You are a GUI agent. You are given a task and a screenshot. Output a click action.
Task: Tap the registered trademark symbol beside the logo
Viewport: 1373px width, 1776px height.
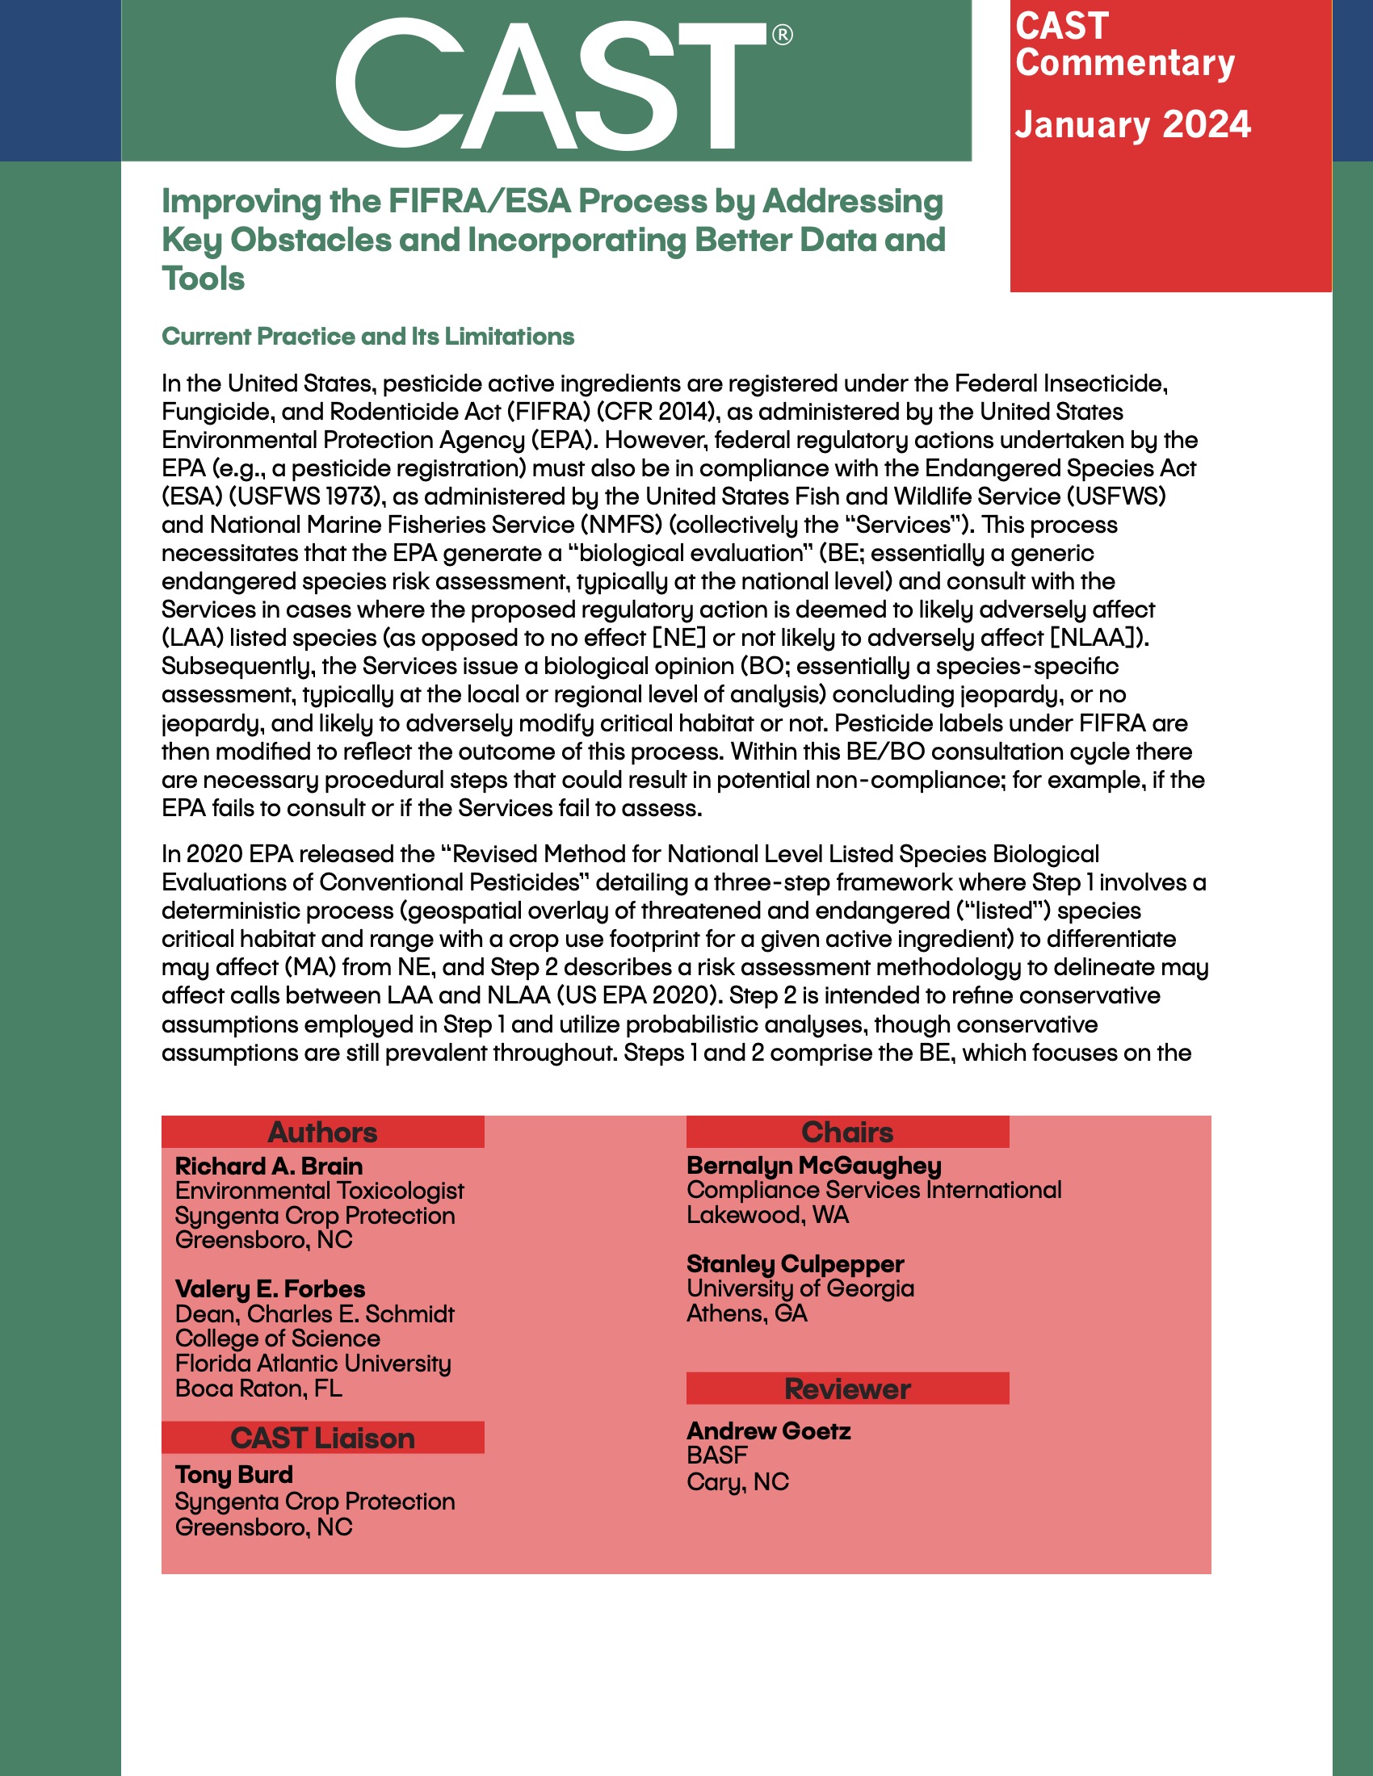click(x=782, y=35)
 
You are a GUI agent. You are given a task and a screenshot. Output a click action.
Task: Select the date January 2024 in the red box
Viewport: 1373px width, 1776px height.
click(x=1132, y=125)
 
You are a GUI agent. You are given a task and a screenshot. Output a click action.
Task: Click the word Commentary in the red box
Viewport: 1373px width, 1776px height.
click(x=1125, y=64)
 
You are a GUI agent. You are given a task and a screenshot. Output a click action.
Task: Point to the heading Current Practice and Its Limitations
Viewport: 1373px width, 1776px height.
click(x=367, y=337)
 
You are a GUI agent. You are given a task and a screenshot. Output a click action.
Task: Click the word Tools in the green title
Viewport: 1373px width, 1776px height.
click(x=204, y=279)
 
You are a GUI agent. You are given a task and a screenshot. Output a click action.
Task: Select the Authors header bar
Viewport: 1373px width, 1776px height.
click(x=323, y=1132)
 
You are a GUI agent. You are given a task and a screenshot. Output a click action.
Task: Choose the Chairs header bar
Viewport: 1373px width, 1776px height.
click(x=847, y=1132)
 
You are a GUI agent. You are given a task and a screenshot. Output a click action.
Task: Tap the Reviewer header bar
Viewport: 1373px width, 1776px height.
click(x=847, y=1389)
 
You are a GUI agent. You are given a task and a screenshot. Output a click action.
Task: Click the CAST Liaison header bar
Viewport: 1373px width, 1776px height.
click(x=323, y=1438)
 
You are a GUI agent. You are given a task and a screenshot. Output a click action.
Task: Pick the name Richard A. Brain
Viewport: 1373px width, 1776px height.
click(x=269, y=1167)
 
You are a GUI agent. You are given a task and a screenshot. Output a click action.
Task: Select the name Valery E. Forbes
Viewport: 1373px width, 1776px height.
click(x=270, y=1289)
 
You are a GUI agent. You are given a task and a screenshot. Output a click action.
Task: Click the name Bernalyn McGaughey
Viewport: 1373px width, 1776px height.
click(x=814, y=1165)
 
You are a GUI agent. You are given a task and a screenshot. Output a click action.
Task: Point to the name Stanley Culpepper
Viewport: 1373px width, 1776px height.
click(x=795, y=1263)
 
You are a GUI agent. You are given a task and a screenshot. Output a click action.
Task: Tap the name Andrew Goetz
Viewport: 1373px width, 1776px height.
click(x=769, y=1431)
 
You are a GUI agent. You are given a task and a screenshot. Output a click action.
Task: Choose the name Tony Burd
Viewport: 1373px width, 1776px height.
click(x=234, y=1475)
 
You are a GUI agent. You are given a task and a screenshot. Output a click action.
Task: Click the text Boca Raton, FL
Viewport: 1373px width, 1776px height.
click(x=258, y=1389)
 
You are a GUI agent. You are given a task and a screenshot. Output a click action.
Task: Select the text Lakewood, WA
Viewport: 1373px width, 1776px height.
click(x=768, y=1215)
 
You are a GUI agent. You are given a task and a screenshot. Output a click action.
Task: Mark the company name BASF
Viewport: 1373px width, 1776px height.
click(x=716, y=1456)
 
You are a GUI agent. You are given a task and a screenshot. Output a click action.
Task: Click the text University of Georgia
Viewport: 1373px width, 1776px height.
click(x=800, y=1288)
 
